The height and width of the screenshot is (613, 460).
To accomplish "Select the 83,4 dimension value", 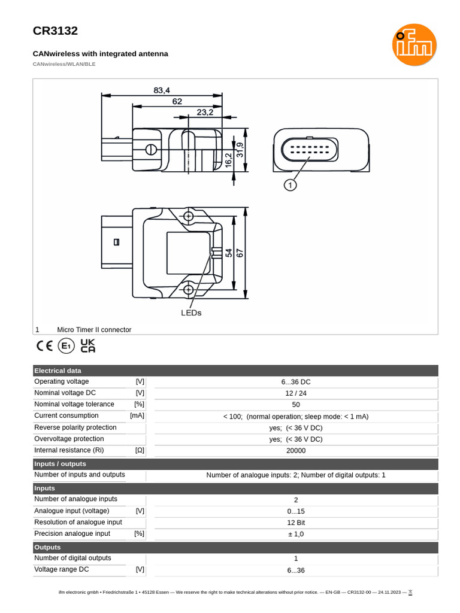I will click(x=162, y=90).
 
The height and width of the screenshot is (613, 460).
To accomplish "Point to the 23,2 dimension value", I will click(x=205, y=112).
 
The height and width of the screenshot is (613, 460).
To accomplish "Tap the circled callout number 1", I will click(x=290, y=186).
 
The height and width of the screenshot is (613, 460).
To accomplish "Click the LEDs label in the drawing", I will click(x=191, y=312).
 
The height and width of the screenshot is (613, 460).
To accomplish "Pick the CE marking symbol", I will click(x=45, y=346).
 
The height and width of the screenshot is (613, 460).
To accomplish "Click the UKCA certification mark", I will click(x=88, y=345).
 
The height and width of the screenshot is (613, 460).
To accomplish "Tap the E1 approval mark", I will click(x=66, y=346).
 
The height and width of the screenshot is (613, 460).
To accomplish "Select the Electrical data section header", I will click(x=57, y=371).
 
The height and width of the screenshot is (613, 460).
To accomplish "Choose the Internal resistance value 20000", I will click(x=296, y=451).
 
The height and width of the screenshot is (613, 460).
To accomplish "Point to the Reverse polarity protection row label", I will click(x=75, y=427).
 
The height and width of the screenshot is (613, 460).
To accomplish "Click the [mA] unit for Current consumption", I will click(x=137, y=415).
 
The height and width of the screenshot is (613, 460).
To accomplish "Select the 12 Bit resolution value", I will click(x=296, y=523).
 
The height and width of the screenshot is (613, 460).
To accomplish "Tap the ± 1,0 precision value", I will click(x=296, y=534).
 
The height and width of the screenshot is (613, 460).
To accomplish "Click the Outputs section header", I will click(x=47, y=547).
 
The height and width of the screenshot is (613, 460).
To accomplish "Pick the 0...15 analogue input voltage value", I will click(x=296, y=511).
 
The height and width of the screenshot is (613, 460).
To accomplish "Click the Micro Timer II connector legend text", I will click(x=94, y=330).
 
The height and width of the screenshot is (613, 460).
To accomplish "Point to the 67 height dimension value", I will click(x=240, y=253).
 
